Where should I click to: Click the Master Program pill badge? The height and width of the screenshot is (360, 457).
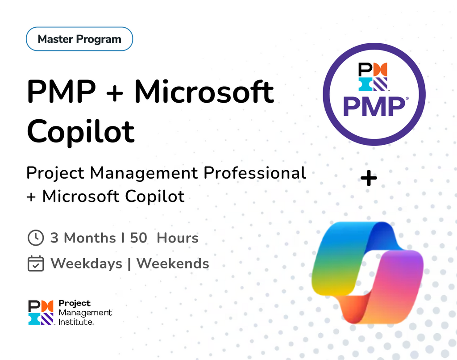click(x=79, y=39)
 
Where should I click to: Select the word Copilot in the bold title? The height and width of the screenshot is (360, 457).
click(x=81, y=130)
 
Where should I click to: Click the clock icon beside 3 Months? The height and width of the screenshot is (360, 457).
click(x=36, y=238)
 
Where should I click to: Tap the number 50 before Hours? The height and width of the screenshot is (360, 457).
click(x=138, y=238)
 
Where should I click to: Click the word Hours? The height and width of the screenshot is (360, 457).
click(x=177, y=238)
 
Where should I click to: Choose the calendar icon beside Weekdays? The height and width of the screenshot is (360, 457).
click(x=36, y=264)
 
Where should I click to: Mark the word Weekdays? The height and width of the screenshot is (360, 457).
click(x=86, y=264)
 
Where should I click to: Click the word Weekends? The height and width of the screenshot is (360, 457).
click(x=173, y=264)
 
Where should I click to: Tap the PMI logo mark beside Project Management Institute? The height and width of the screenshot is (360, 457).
click(x=41, y=312)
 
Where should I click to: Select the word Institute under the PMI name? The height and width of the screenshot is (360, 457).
click(x=76, y=322)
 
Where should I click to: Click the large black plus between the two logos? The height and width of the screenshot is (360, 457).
click(x=369, y=179)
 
